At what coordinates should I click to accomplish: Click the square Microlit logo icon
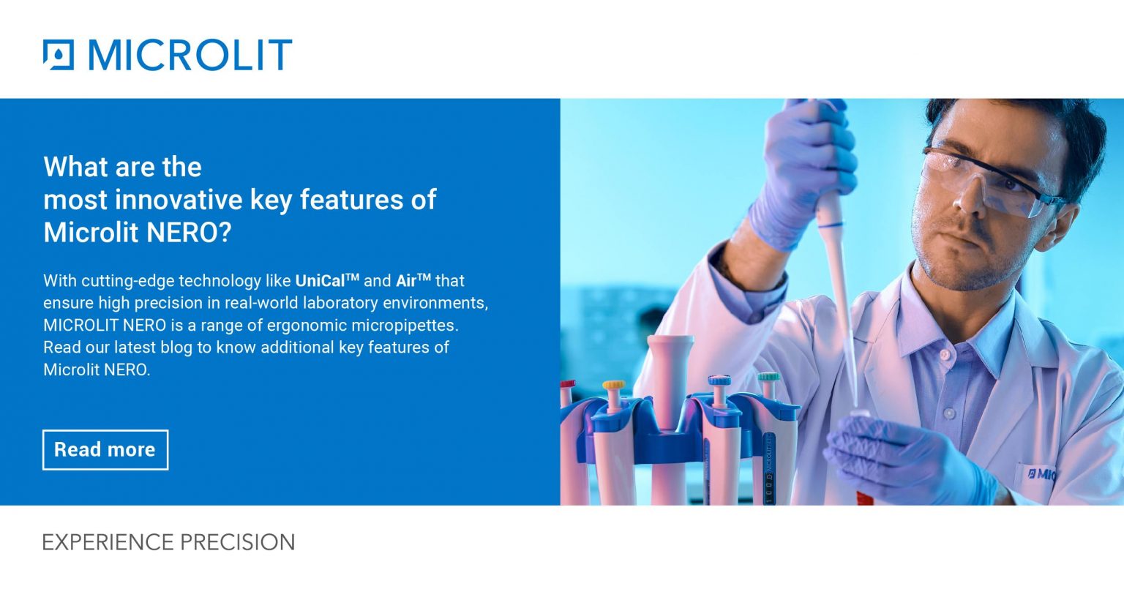click(59, 55)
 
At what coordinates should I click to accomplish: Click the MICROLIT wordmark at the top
click(190, 55)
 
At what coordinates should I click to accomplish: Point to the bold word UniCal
click(320, 281)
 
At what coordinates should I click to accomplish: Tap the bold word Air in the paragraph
click(406, 281)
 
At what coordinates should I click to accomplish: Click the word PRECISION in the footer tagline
click(237, 542)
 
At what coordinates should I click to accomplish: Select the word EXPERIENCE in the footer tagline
click(108, 542)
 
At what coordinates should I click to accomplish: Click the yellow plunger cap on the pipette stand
click(613, 385)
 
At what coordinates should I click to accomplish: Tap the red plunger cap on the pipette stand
click(568, 383)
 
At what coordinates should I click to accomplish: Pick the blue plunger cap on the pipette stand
click(719, 380)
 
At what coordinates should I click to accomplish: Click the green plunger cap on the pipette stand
click(768, 377)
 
